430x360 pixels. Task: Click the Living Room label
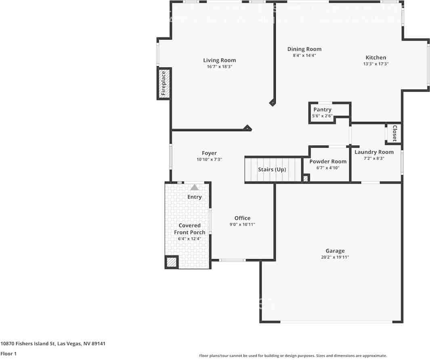coord(219,61)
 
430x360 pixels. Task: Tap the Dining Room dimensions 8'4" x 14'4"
coord(304,56)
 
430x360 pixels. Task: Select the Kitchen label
coord(375,58)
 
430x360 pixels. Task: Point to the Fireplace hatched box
coord(164,84)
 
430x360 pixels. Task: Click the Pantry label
coord(322,110)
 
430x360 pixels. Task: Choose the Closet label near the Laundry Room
coord(394,133)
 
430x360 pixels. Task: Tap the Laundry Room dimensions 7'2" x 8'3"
coord(374,159)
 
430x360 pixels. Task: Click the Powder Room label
coord(328,161)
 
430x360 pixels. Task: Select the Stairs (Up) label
coord(272,170)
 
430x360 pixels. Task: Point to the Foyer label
coord(209,153)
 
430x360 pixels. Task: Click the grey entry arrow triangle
coord(195,187)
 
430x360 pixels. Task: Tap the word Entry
coord(194,197)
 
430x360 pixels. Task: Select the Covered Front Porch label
coord(189,229)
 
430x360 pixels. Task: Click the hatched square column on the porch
coord(172,262)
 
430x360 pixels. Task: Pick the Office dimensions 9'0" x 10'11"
coord(242,224)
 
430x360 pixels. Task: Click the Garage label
coord(335,251)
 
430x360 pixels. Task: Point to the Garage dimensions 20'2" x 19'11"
coord(335,257)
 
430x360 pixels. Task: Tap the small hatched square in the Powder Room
coord(306,178)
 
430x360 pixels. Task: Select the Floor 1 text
coord(8,354)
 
